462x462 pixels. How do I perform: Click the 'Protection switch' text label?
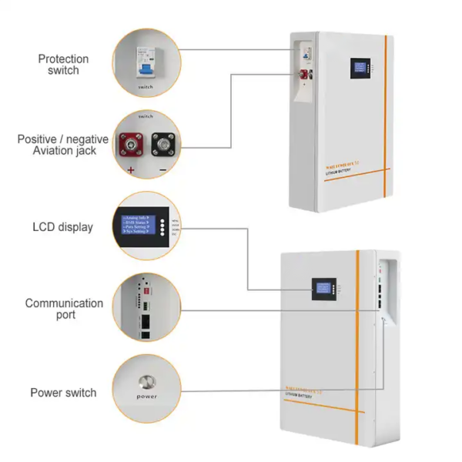coord(63,65)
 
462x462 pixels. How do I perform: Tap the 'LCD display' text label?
coord(63,227)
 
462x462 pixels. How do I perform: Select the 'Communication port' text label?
coord(64,310)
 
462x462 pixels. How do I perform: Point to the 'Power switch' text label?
coord(64,393)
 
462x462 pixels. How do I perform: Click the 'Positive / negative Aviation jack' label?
coord(58,145)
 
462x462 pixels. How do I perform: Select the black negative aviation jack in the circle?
coord(162,143)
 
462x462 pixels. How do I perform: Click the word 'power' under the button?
coord(146,397)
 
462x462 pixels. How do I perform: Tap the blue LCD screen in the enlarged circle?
coord(141,224)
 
